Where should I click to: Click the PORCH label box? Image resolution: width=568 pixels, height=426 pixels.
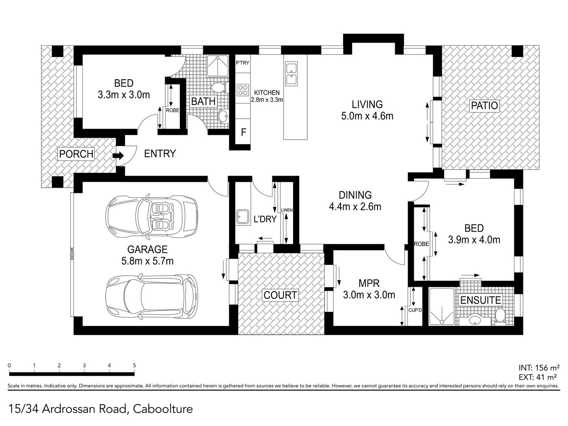click(76, 154)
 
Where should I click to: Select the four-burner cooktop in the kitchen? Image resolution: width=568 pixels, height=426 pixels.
click(243, 90)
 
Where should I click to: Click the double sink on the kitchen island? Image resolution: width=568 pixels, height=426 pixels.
click(291, 73)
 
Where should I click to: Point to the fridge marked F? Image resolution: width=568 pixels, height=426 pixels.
click(243, 132)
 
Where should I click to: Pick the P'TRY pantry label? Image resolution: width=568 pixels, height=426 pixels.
click(242, 63)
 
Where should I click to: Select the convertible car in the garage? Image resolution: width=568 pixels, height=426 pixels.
click(151, 216)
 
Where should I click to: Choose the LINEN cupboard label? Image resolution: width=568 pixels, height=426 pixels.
click(287, 210)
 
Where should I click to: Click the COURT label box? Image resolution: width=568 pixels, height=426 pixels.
click(280, 295)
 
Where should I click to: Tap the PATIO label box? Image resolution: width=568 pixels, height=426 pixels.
click(484, 106)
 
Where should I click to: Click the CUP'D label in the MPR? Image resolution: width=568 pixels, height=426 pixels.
click(415, 310)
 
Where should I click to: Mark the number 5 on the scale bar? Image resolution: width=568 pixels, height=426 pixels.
click(134, 366)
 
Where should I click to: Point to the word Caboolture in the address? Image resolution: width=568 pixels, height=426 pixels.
click(163, 409)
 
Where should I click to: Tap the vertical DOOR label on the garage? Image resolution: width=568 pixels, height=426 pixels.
click(72, 254)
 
